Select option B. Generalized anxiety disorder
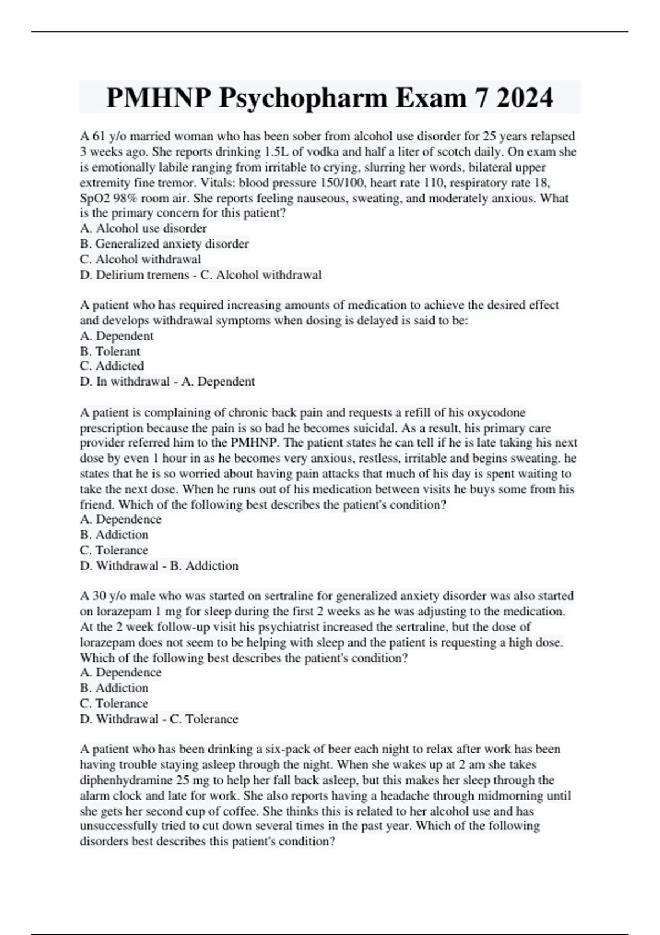[x=164, y=244]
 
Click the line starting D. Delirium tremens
[x=200, y=275]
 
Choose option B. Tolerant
[x=110, y=351]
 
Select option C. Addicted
[x=112, y=366]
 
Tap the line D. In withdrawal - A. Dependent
[x=167, y=382]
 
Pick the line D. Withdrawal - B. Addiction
[x=159, y=566]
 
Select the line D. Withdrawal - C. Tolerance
[x=159, y=719]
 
